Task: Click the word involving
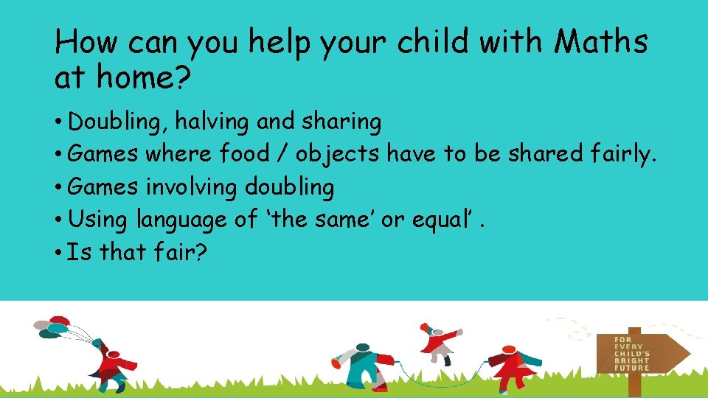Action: tap(192, 187)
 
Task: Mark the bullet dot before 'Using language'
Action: tap(57, 220)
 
